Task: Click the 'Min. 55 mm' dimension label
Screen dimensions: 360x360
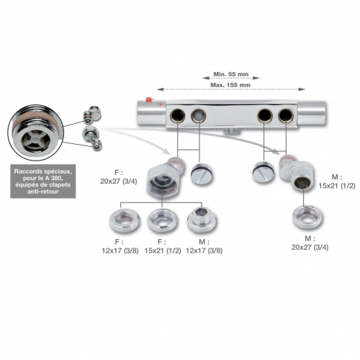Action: [x=231, y=74]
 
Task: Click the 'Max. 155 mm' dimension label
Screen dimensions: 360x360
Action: [x=230, y=85]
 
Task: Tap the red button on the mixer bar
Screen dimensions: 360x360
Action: [x=149, y=100]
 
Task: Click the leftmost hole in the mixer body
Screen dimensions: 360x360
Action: [x=178, y=115]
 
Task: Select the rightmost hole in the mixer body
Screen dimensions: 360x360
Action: [x=285, y=115]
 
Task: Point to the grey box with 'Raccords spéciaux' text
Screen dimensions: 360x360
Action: [x=43, y=181]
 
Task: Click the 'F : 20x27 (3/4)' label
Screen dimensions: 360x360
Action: [x=118, y=177]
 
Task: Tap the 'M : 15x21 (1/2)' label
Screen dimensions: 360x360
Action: [x=337, y=181]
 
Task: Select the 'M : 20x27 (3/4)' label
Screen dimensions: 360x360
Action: [x=310, y=243]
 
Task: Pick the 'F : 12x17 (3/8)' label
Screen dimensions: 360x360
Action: [x=120, y=246]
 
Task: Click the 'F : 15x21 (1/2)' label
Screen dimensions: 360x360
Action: [x=163, y=246]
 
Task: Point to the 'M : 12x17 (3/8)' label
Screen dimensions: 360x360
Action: [x=204, y=246]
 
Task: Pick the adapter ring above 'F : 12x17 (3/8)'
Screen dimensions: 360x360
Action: [x=125, y=221]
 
